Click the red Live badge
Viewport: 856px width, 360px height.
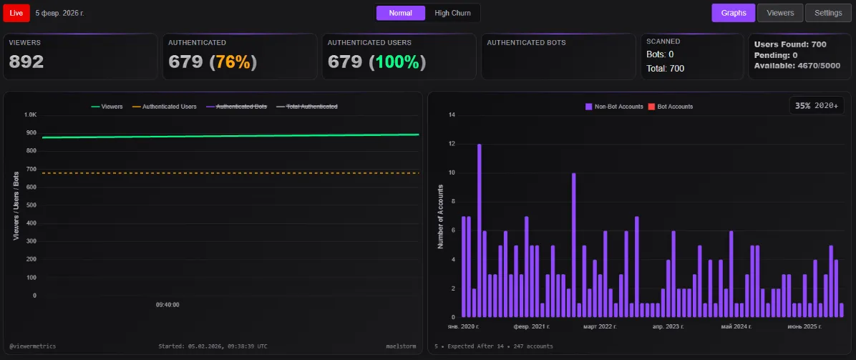click(16, 13)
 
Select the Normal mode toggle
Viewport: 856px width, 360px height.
click(400, 13)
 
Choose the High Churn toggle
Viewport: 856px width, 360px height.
click(452, 13)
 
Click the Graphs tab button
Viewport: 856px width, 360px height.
click(733, 13)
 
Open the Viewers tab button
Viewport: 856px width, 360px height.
click(780, 13)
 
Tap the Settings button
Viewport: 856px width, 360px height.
click(828, 13)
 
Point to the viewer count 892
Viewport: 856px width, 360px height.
click(26, 62)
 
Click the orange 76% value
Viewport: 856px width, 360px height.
click(233, 62)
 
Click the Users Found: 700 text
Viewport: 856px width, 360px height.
click(790, 44)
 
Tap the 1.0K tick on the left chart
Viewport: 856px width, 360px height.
click(30, 115)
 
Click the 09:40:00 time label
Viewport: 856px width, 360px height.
click(167, 305)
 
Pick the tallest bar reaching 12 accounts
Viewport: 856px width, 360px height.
click(480, 229)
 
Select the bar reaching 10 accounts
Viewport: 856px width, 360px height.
click(573, 243)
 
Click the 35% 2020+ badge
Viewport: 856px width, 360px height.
click(817, 105)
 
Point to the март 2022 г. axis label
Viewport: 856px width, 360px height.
click(600, 326)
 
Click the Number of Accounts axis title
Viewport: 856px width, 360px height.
click(440, 216)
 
